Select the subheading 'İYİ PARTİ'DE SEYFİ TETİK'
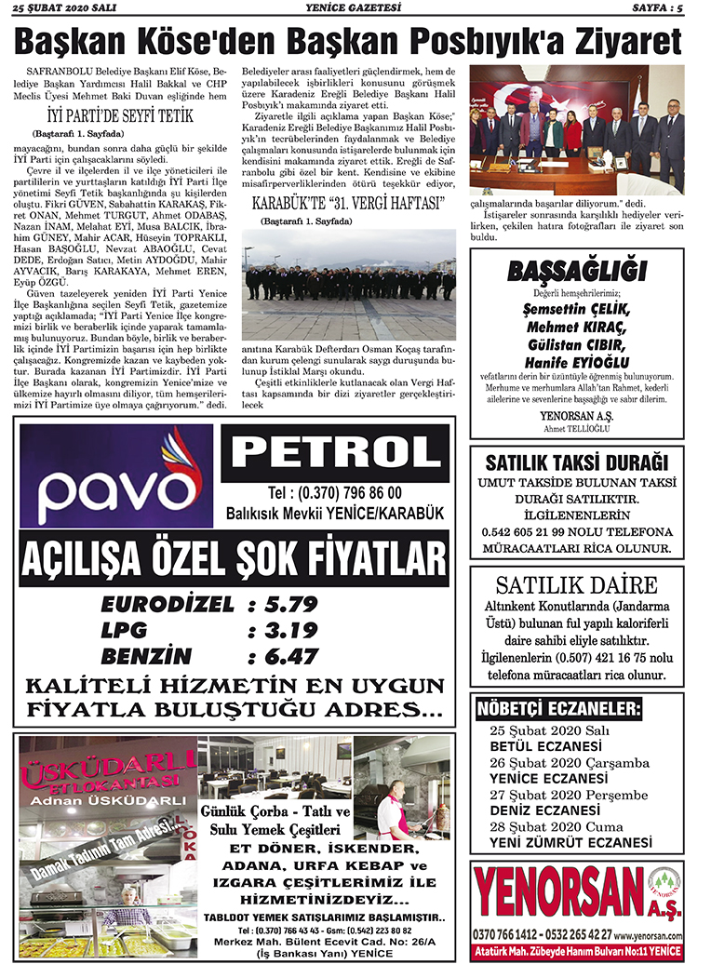click(x=120, y=116)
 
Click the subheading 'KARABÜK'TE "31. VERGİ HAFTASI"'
click(x=349, y=203)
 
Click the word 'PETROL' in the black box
click(x=335, y=454)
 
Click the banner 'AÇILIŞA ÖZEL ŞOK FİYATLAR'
click(x=233, y=561)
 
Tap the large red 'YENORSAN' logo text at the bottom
click(x=557, y=890)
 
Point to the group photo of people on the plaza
click(x=349, y=284)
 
